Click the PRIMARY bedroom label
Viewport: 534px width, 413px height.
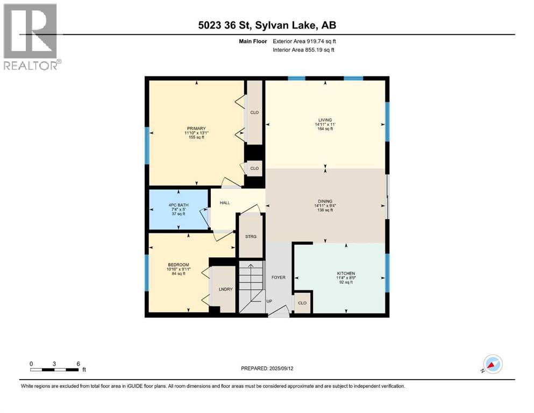point(196,128)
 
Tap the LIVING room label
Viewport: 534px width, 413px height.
point(325,120)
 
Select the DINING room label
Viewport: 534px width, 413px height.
point(325,201)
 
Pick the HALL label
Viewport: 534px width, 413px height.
point(225,204)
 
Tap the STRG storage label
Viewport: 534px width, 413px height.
point(251,236)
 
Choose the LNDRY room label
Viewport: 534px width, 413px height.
point(225,290)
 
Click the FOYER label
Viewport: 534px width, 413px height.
point(278,277)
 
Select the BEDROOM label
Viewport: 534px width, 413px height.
point(178,265)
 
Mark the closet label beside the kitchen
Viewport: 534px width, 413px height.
point(302,303)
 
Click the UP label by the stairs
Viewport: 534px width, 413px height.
point(269,301)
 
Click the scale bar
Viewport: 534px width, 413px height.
point(55,369)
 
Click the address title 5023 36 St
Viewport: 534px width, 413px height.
point(267,25)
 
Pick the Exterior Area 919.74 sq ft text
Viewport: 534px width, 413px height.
point(305,41)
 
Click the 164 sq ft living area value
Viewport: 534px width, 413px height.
point(325,129)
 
